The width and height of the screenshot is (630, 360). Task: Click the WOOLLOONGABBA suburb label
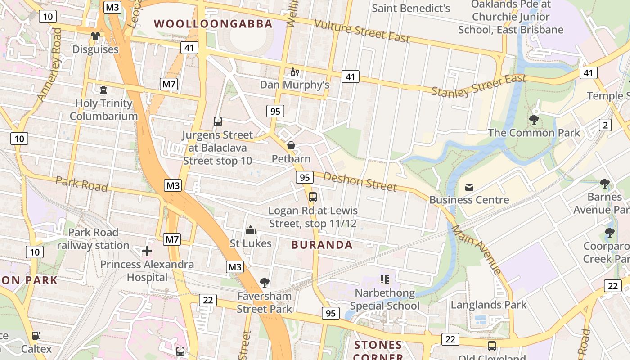(213, 24)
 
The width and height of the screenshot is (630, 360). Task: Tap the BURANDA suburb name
(322, 245)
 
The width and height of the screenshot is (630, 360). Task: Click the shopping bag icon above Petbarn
(291, 145)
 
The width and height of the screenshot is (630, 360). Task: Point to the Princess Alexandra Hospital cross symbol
(147, 251)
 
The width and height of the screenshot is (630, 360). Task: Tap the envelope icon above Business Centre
(469, 187)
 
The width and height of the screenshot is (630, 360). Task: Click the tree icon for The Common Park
(534, 120)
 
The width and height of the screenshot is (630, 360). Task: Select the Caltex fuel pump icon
(36, 336)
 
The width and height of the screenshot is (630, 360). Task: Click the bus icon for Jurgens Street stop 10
(218, 121)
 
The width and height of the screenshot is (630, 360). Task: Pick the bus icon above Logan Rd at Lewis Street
(313, 197)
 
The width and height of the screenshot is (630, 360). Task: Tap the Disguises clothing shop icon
(95, 36)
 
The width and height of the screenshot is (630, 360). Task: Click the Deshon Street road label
(360, 181)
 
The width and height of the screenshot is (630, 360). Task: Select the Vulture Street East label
(362, 31)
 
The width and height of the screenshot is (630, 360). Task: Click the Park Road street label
(81, 184)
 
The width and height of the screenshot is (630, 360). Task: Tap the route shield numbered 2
(605, 125)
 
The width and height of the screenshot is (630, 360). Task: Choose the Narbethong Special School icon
(384, 279)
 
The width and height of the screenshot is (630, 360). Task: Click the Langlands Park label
(488, 305)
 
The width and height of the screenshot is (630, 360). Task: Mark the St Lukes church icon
(251, 230)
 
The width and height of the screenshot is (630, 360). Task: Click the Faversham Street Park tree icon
(265, 283)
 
